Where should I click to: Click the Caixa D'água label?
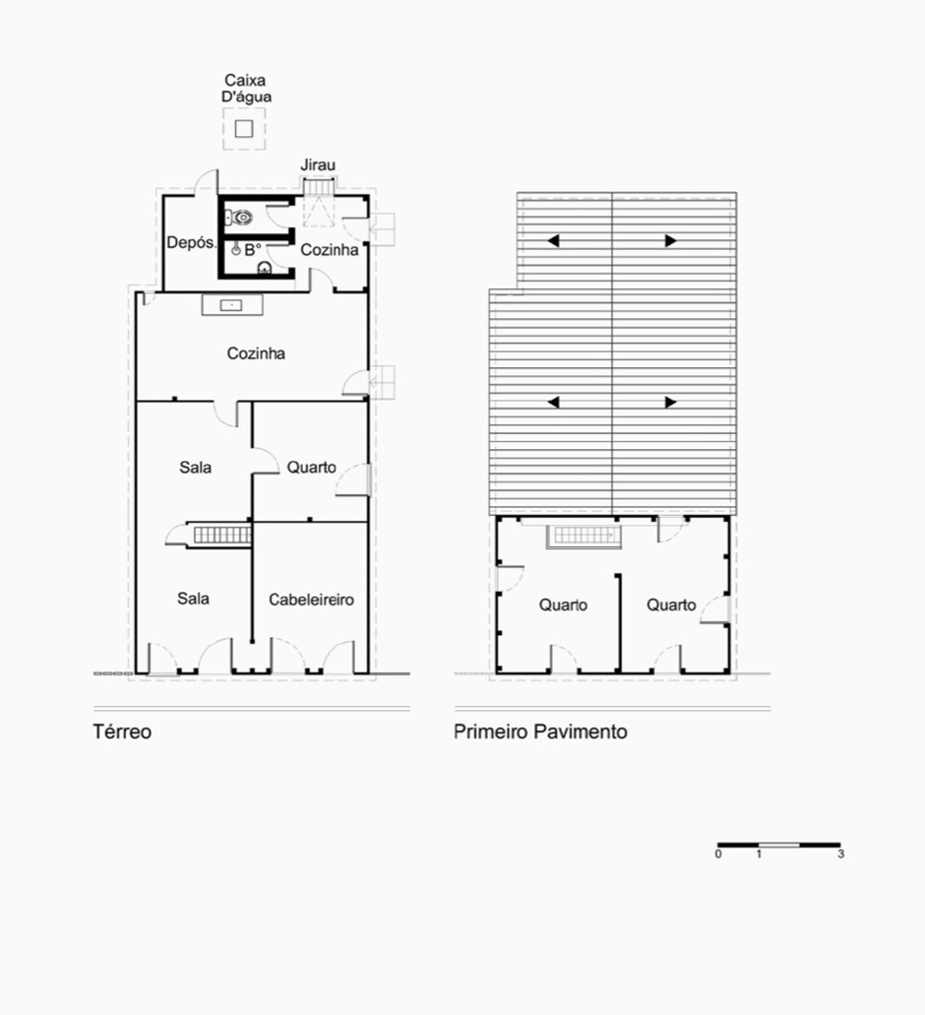[x=246, y=89]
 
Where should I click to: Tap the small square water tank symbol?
[x=244, y=129]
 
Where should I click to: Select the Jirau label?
[x=318, y=165]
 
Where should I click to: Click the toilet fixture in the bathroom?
[x=239, y=218]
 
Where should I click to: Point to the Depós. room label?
[x=191, y=243]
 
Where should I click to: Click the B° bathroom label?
[x=252, y=249]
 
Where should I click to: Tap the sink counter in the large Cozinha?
[x=232, y=305]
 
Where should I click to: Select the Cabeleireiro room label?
[x=311, y=601]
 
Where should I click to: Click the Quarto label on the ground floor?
[x=311, y=468]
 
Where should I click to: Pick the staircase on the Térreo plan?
[x=221, y=535]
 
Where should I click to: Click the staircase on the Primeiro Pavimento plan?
[x=585, y=536]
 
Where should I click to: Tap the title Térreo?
[x=122, y=732]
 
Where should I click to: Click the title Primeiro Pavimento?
[x=541, y=732]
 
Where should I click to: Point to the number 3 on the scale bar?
[x=840, y=855]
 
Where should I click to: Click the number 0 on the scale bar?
[x=718, y=855]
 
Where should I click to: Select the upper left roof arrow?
[x=553, y=241]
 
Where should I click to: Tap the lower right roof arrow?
[x=671, y=403]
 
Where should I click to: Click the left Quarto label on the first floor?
[x=564, y=605]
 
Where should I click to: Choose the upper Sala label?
[x=196, y=468]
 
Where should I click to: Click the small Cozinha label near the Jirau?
[x=330, y=250]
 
